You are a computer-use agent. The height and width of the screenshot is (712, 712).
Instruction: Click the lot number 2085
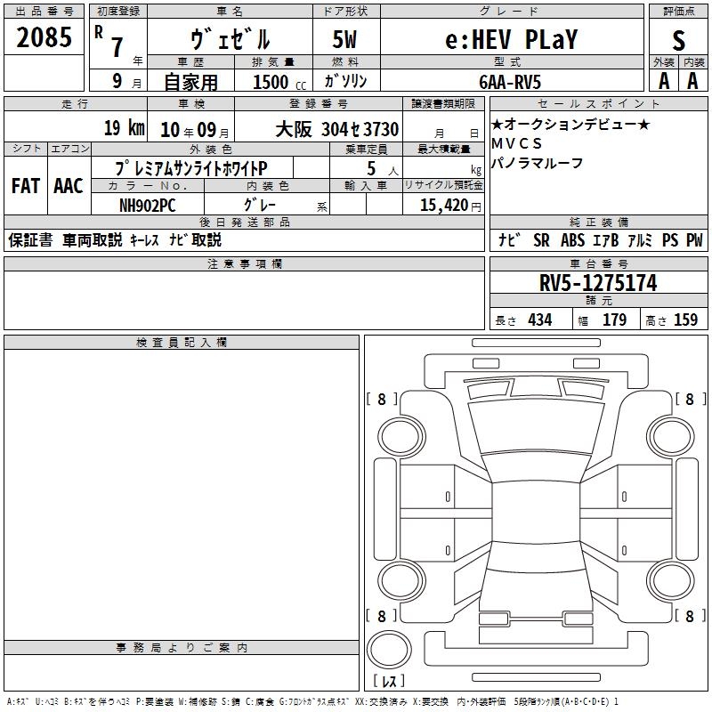tap(44, 37)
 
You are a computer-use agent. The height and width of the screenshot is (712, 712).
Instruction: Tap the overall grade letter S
tap(678, 40)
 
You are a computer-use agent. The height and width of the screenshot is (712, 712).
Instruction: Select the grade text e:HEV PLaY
tap(511, 39)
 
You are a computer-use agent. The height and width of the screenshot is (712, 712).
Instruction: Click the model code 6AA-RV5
tap(510, 82)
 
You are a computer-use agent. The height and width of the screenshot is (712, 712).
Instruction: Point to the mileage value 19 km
tap(125, 127)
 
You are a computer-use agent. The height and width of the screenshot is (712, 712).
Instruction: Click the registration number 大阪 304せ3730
tap(337, 129)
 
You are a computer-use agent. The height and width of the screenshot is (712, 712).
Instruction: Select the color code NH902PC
tap(147, 206)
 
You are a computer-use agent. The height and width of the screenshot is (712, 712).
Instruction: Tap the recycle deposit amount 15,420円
tap(450, 206)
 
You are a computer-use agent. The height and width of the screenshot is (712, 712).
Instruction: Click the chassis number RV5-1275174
tap(598, 283)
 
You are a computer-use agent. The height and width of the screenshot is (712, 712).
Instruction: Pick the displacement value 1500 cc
tap(279, 82)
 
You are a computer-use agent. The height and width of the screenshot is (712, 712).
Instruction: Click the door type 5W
tap(344, 39)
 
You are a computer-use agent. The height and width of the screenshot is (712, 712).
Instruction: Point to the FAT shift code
tap(26, 186)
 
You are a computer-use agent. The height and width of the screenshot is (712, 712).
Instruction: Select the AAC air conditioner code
tap(69, 186)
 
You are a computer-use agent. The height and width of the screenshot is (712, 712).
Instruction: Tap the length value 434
tap(540, 320)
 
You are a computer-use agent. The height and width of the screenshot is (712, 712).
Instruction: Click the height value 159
tap(685, 320)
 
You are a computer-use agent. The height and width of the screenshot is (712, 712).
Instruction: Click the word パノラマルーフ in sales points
tap(538, 163)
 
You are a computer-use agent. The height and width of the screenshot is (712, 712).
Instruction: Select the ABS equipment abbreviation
tap(572, 240)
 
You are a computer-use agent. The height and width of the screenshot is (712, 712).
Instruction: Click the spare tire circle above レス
tap(389, 650)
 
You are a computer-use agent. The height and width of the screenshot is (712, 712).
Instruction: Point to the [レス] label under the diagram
tap(389, 681)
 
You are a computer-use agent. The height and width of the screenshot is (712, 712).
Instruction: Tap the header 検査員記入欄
tap(182, 343)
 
